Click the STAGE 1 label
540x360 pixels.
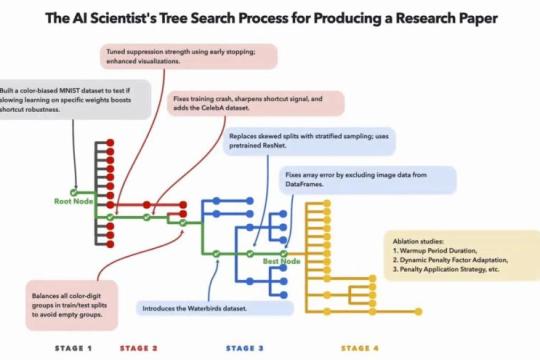click(x=74, y=348)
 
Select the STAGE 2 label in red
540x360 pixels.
click(x=139, y=348)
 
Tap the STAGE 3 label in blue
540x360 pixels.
click(x=245, y=348)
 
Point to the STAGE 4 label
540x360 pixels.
click(x=360, y=348)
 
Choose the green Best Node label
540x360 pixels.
click(x=282, y=261)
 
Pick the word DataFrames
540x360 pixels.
click(x=307, y=186)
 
